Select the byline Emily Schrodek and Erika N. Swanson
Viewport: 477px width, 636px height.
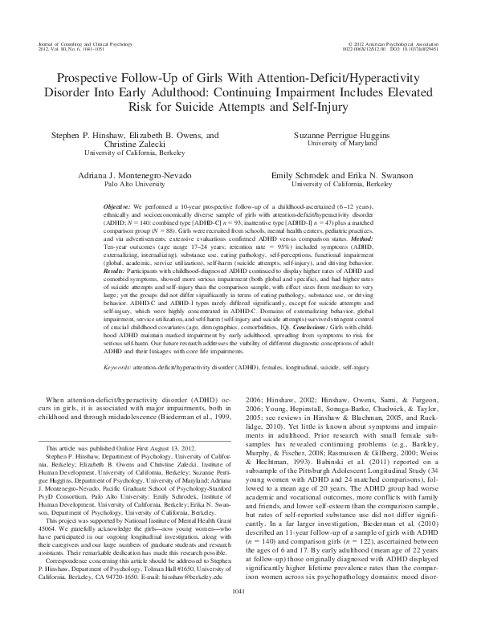coord(341,174)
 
